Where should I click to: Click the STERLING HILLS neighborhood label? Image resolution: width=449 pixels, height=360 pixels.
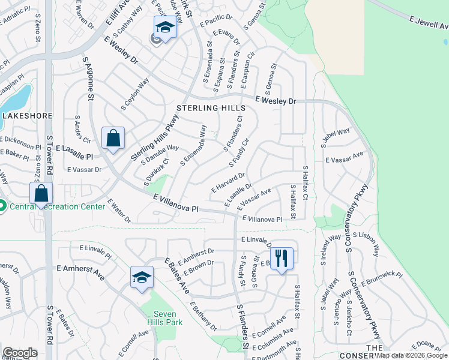coord(210,108)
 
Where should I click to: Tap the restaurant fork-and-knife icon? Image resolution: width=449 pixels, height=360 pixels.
coord(281,259)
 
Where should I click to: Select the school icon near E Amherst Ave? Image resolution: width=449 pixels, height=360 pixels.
coord(142,277)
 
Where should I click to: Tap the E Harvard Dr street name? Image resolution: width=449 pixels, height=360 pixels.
coord(228,184)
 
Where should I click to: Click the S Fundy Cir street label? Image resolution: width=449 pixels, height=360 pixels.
coord(239,153)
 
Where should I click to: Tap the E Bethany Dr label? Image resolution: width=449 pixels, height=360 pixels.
coord(202,316)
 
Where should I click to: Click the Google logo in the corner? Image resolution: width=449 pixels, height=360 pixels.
coord(20,352)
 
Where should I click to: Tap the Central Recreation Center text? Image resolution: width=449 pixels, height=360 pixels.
coord(57,207)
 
